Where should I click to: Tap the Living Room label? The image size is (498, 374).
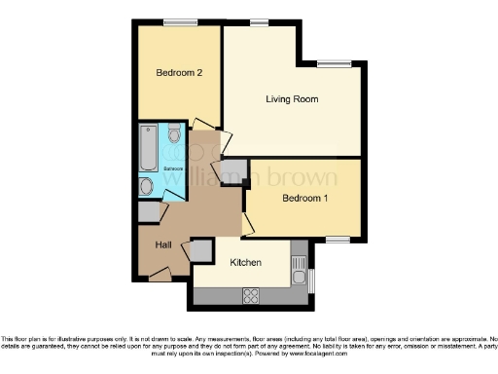pos(293,99)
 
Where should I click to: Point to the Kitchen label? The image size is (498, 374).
pos(246,263)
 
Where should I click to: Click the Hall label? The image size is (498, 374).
pos(163,244)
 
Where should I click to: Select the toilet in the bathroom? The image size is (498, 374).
pos(174,132)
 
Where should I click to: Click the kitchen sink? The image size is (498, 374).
pos(300,264)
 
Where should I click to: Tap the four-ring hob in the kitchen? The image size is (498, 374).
pos(248,294)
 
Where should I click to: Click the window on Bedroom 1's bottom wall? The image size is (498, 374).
pos(338,239)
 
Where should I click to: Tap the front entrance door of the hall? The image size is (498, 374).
pos(158,276)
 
